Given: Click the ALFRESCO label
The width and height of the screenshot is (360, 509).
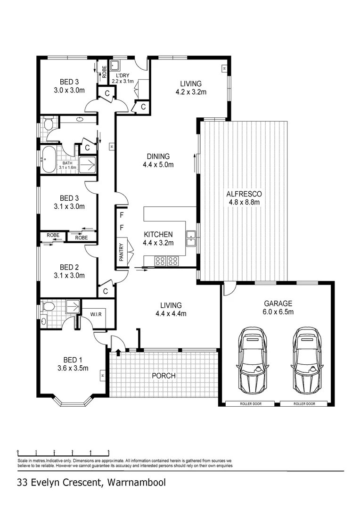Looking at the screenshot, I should coord(244,194).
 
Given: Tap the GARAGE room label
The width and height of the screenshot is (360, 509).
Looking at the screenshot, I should coord(278,304).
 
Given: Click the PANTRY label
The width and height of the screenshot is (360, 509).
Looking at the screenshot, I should coord(122,252).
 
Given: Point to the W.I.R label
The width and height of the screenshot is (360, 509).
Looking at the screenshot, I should coord(96,314).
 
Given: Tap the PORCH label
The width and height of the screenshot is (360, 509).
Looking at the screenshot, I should coord(164,376).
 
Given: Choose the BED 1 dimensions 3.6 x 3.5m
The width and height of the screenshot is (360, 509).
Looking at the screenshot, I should coord(72,369).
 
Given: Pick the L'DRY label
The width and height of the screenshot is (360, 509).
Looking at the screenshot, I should coord(123,75).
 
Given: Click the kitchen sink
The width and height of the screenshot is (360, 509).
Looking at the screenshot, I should coord(191,238).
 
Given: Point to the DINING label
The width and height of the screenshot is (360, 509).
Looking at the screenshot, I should coord(157,156).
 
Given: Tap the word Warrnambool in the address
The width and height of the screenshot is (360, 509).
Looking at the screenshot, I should coord(137,483).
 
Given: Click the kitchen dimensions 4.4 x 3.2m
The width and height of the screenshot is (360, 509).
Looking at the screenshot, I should coord(158,243).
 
